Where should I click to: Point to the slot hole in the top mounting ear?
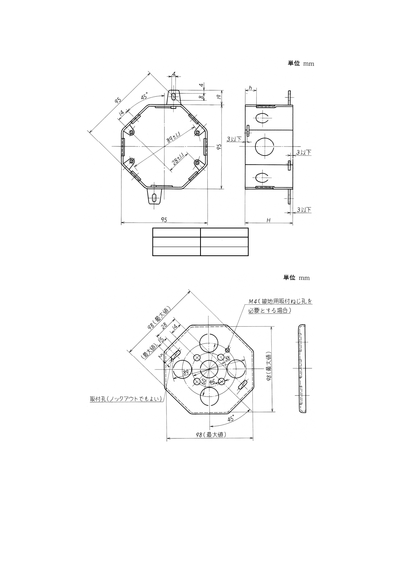pyautogui.click(x=174, y=96)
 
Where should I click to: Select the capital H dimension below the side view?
pyautogui.click(x=268, y=220)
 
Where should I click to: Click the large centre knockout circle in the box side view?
pyautogui.click(x=264, y=146)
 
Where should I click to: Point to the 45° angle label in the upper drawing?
pyautogui.click(x=144, y=97)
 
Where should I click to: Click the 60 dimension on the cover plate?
pyautogui.click(x=203, y=381)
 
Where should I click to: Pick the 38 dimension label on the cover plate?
pyautogui.click(x=227, y=358)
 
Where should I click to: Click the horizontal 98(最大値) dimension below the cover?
pyautogui.click(x=211, y=435)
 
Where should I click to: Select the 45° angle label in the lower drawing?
pyautogui.click(x=231, y=419)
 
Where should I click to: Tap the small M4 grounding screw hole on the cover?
pyautogui.click(x=228, y=350)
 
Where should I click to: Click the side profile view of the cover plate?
pyautogui.click(x=301, y=368)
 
